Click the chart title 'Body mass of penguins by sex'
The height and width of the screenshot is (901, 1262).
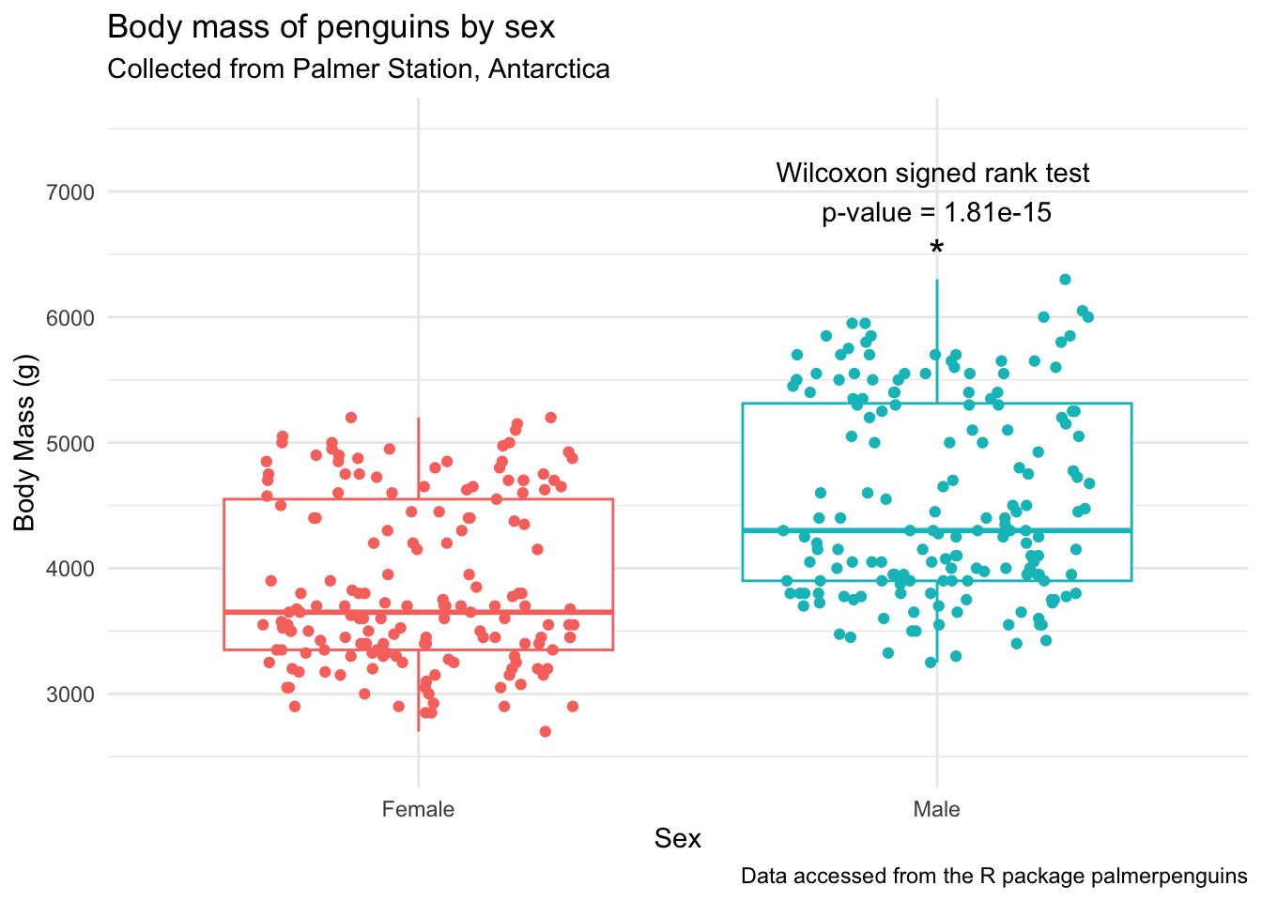click(331, 27)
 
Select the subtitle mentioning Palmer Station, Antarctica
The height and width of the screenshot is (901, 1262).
click(359, 69)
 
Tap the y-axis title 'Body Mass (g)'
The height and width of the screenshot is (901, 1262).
click(24, 442)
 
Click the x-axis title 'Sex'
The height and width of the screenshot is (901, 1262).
click(677, 838)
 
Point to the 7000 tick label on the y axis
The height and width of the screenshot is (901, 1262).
click(70, 192)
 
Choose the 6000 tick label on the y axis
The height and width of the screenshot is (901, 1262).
click(70, 318)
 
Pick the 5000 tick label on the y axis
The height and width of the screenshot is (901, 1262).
click(70, 443)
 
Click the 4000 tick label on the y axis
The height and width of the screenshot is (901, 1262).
click(70, 569)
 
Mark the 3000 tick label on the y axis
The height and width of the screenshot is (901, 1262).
click(70, 695)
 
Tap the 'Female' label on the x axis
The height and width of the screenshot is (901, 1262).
click(418, 809)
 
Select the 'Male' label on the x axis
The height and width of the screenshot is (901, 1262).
click(936, 809)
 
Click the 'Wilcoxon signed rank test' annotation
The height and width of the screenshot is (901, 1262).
click(932, 174)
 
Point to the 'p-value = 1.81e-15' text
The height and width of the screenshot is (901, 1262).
click(936, 213)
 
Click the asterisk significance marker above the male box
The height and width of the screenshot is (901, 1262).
click(936, 249)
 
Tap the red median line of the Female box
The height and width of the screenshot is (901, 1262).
click(282, 612)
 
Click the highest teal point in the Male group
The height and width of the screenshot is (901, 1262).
click(1065, 280)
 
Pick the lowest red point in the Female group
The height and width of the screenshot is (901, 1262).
click(545, 731)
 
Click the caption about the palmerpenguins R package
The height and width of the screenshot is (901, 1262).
click(993, 877)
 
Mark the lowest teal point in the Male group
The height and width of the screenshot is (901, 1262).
click(931, 663)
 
